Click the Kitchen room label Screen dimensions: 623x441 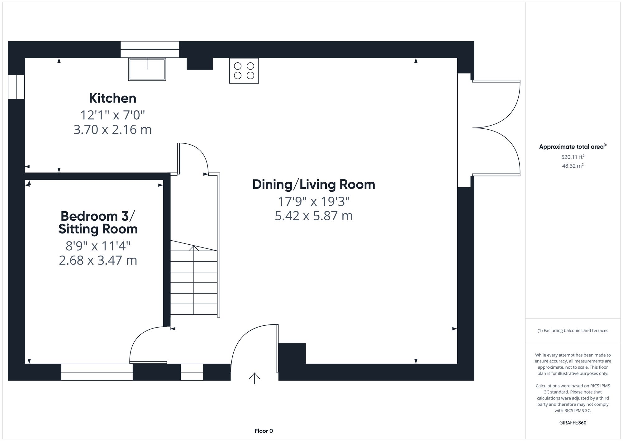tap(112, 98)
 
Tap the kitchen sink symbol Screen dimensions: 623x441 tap(147, 69)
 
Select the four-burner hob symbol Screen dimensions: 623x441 tap(244, 71)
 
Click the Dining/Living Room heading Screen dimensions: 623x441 tap(313, 185)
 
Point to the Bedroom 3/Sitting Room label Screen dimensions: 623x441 tap(98, 223)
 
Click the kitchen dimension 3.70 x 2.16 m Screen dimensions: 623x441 tap(112, 130)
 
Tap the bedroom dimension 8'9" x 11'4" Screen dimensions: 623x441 tap(98, 246)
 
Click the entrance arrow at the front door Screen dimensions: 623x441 tap(254, 378)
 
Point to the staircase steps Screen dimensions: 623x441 tap(194, 277)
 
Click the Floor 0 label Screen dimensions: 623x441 tap(264, 431)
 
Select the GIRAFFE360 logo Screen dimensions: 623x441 tap(573, 423)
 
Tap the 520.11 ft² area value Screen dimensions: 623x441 tap(573, 157)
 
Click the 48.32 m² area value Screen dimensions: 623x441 tap(573, 166)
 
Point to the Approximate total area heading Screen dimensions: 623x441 tap(573, 147)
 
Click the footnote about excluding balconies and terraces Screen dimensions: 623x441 tap(573, 330)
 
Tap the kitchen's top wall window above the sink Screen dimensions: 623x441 tap(150, 49)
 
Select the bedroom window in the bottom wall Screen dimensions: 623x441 tap(97, 372)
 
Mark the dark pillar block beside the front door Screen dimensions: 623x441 tap(292, 353)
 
